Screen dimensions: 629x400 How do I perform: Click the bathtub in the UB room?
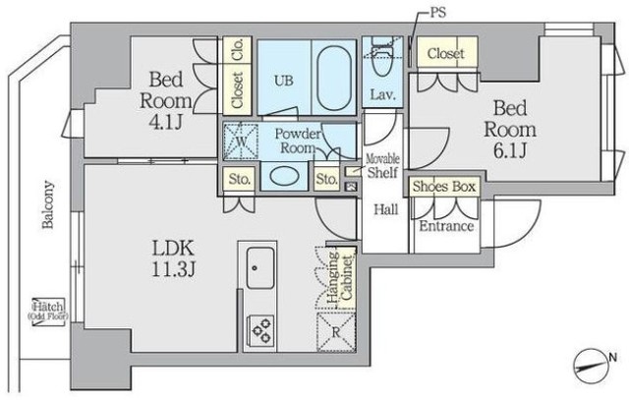[x=334, y=78]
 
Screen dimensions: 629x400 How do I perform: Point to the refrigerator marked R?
[x=336, y=332]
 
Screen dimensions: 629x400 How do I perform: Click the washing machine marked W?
[x=241, y=142]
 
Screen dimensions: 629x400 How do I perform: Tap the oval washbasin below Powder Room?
[x=284, y=176]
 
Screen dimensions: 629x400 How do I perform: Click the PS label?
[x=437, y=13]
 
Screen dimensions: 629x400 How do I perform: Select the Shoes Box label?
[x=444, y=187]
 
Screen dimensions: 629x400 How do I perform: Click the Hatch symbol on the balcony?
[x=48, y=311]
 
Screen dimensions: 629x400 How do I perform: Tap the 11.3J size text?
[x=173, y=269]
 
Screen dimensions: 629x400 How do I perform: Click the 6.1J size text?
[x=510, y=150]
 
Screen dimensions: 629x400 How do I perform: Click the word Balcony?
[x=48, y=204]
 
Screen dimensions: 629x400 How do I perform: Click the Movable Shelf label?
[x=383, y=166]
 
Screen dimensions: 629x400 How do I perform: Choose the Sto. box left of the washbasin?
[x=240, y=179]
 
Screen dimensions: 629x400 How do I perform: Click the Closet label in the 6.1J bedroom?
[x=446, y=53]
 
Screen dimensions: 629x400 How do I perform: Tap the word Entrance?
[x=446, y=226]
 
